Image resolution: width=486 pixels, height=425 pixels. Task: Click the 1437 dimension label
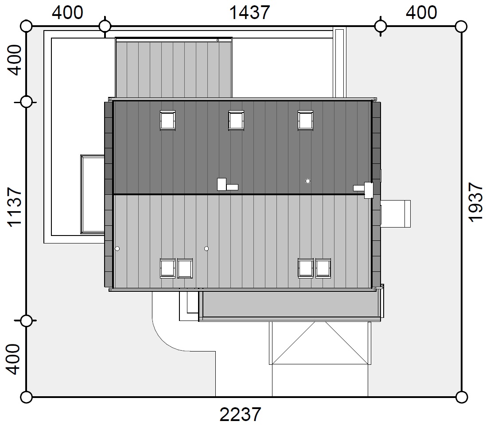point(249,13)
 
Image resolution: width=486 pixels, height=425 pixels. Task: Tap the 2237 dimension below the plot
point(241,414)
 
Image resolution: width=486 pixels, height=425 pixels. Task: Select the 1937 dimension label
point(475,202)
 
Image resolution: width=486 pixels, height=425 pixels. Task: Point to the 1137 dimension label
point(14,207)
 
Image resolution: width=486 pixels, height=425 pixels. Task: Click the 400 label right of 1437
point(421,13)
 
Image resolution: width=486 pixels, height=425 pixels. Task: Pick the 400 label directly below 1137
point(13,359)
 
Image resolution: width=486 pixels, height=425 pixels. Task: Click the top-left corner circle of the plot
point(26,26)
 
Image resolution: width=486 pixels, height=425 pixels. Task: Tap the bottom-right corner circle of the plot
point(462,397)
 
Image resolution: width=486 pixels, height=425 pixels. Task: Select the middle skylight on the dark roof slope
point(236,120)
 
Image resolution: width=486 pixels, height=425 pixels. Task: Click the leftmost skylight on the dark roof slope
point(167,120)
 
